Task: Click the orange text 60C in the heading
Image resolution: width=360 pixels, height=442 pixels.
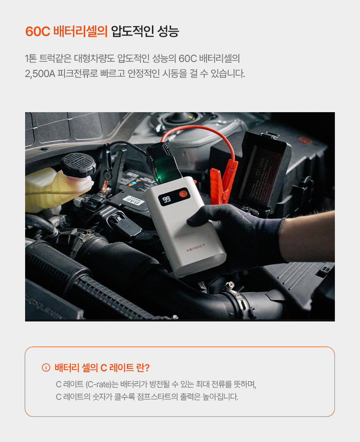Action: (x=38, y=31)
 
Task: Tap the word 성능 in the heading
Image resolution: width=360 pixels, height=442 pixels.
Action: (x=168, y=31)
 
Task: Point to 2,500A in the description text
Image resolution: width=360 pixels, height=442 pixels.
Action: (x=40, y=74)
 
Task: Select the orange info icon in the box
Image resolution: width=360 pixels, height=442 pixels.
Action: (x=46, y=367)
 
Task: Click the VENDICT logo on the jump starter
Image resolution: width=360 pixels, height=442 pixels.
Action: (x=195, y=248)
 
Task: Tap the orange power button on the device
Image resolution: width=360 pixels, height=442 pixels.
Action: (x=183, y=194)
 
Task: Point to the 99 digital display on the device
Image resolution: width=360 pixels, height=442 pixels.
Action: (x=167, y=200)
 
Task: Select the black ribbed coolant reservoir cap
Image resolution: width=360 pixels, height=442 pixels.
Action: (x=78, y=165)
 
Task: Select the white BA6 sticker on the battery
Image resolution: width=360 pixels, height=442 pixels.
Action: (x=134, y=200)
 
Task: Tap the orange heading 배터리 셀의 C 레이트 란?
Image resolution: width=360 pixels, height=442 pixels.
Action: (x=102, y=367)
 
